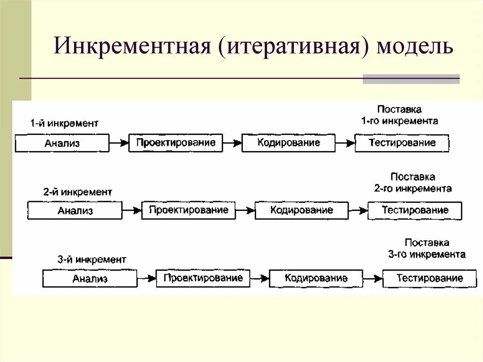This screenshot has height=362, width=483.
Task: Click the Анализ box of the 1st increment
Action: [x=62, y=143]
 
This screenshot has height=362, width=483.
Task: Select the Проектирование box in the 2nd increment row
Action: [x=188, y=210]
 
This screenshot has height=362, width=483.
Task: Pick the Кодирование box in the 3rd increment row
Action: [x=316, y=278]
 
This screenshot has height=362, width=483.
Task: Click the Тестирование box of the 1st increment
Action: [x=402, y=143]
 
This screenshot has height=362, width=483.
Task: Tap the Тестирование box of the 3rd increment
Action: [x=430, y=278]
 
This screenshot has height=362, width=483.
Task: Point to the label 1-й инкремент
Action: [x=65, y=124]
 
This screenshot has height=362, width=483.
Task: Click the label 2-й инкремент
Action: [x=78, y=192]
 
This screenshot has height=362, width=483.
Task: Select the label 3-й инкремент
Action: [x=92, y=260]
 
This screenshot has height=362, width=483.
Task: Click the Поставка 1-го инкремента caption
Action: [x=400, y=115]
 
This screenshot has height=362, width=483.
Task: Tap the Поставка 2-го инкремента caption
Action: [x=413, y=183]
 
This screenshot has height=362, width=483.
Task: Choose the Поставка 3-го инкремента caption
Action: [x=427, y=249]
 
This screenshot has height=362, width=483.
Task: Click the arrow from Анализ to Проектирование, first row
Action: [x=119, y=142]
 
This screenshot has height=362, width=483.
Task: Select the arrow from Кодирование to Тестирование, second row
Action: [x=358, y=210]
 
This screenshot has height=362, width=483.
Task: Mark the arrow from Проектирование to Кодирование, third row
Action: [x=259, y=278]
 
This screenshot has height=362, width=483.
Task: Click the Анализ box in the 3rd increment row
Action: [x=90, y=278]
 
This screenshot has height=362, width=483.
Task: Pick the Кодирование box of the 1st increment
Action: [x=289, y=143]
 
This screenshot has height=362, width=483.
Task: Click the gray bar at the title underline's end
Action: [x=411, y=79]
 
